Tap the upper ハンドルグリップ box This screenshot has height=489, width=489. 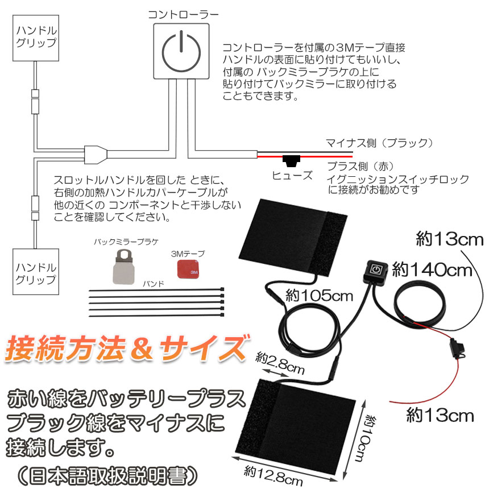pyautogui.click(x=36, y=38)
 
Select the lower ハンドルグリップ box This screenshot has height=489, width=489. pyautogui.click(x=36, y=272)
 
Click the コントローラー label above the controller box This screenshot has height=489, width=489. pyautogui.click(x=183, y=14)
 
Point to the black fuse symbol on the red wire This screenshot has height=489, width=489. pyautogui.click(x=291, y=161)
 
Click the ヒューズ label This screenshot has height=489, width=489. pyautogui.click(x=292, y=175)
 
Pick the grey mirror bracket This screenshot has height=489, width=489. pyautogui.click(x=123, y=267)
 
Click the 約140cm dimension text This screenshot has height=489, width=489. pyautogui.click(x=432, y=270)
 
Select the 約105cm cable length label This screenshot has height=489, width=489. pyautogui.click(x=319, y=296)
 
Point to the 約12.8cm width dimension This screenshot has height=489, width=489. pyautogui.click(x=273, y=476)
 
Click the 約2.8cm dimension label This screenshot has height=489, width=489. pyautogui.click(x=280, y=363)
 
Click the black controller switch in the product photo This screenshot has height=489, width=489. pyautogui.click(x=375, y=270)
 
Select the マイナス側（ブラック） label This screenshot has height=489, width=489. pyautogui.click(x=379, y=143)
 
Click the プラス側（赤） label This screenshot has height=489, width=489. pyautogui.click(x=360, y=167)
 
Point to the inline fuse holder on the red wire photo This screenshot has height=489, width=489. pyautogui.click(x=456, y=349)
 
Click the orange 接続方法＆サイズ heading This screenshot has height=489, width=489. pyautogui.click(x=128, y=349)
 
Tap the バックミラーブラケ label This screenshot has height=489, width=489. pyautogui.click(x=126, y=242)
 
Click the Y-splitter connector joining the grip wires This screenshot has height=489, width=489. pyautogui.click(x=96, y=155)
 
